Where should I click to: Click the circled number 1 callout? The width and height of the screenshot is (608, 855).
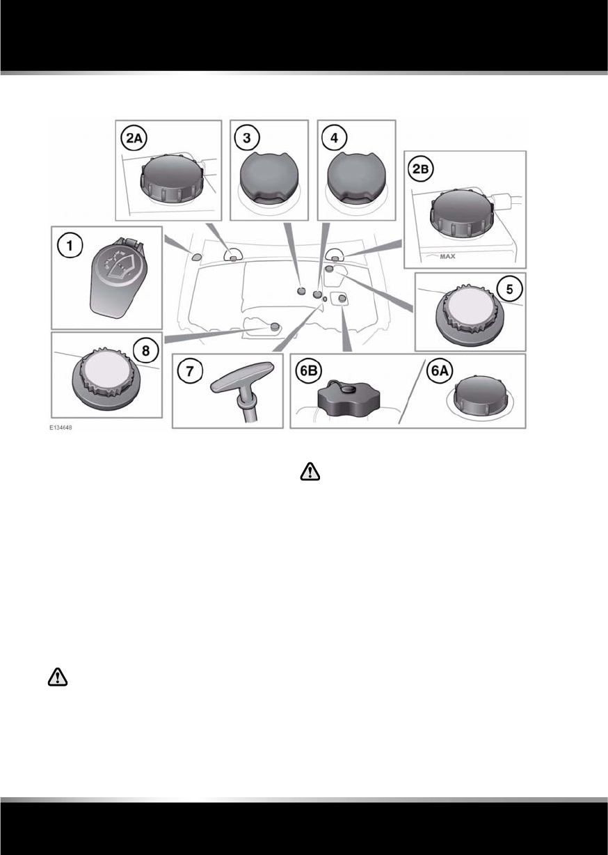(67, 245)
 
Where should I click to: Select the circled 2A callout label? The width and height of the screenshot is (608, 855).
(135, 139)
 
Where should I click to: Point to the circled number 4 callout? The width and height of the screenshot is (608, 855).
(333, 138)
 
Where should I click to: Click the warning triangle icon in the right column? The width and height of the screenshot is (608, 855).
(307, 473)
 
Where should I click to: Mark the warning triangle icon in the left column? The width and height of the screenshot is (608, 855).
(58, 677)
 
